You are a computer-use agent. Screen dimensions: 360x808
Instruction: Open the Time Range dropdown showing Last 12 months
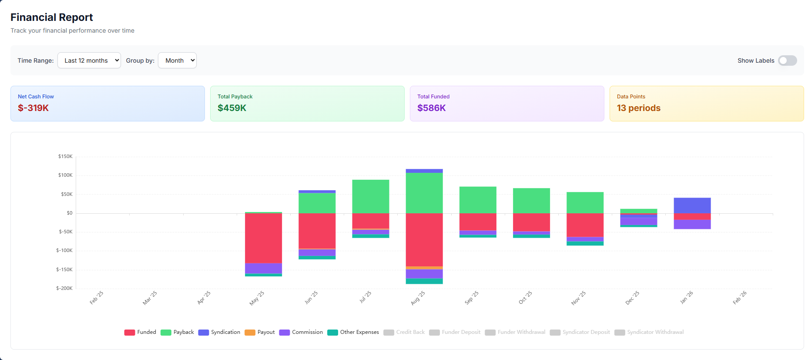click(x=89, y=61)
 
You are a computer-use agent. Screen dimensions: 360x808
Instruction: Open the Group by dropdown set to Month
click(x=177, y=61)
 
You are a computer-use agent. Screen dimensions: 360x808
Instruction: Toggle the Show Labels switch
click(x=787, y=61)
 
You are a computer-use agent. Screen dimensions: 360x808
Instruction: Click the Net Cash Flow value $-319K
click(x=33, y=108)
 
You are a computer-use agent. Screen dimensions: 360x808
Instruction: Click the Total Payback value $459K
click(x=232, y=108)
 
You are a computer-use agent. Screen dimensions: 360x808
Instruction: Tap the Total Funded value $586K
click(x=431, y=108)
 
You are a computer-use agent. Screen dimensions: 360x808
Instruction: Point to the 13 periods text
click(x=638, y=108)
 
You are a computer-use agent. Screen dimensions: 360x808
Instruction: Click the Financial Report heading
click(x=51, y=17)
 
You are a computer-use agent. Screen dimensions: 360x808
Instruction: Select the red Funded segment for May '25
click(x=263, y=238)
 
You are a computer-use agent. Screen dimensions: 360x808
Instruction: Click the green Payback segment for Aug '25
click(x=424, y=193)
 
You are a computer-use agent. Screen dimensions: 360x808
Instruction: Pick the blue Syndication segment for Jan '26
click(x=692, y=205)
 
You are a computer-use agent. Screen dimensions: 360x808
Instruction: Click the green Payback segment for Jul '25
click(x=370, y=196)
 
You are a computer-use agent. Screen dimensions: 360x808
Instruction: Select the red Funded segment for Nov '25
click(x=585, y=225)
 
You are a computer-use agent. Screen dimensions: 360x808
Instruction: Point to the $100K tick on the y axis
click(x=65, y=175)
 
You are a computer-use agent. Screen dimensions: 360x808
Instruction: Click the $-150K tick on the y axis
click(x=64, y=269)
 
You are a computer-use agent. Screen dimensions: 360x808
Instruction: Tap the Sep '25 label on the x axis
click(x=472, y=297)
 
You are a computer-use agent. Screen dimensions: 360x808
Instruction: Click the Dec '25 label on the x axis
click(x=632, y=298)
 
